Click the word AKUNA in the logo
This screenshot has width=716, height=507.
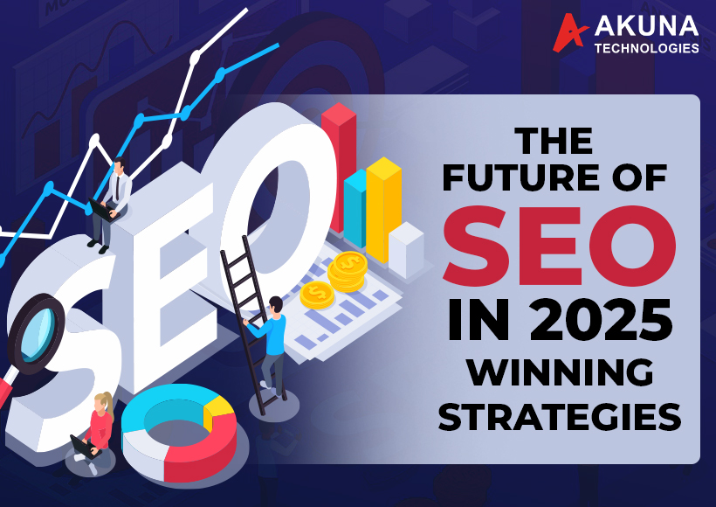[647, 28]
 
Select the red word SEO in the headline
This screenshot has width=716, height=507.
[559, 251]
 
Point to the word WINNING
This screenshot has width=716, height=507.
[560, 373]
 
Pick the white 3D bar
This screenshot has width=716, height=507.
[406, 249]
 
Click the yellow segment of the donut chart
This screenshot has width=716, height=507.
[217, 411]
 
